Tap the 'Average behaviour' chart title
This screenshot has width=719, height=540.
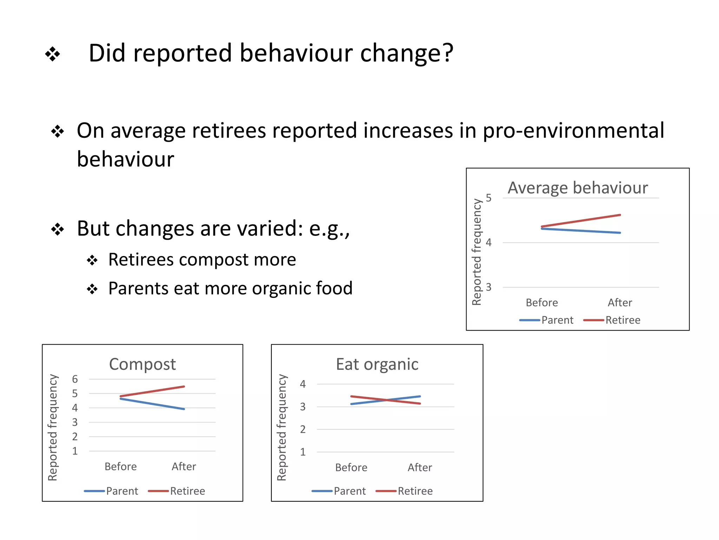(578, 188)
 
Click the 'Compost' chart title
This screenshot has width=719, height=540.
(142, 364)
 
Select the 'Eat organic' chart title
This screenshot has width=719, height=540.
(377, 364)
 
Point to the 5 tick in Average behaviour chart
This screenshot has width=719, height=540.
(489, 198)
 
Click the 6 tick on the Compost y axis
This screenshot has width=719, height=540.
(75, 379)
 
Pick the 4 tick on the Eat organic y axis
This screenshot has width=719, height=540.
(303, 384)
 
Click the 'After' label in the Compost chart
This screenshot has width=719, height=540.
(184, 467)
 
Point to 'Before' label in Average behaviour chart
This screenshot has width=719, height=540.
(542, 303)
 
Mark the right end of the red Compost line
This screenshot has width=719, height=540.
(184, 387)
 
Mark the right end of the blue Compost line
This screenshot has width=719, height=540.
(184, 409)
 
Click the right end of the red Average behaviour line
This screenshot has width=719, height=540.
(620, 215)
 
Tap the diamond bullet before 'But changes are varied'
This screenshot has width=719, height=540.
(58, 230)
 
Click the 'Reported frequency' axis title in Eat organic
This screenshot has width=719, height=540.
(282, 427)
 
